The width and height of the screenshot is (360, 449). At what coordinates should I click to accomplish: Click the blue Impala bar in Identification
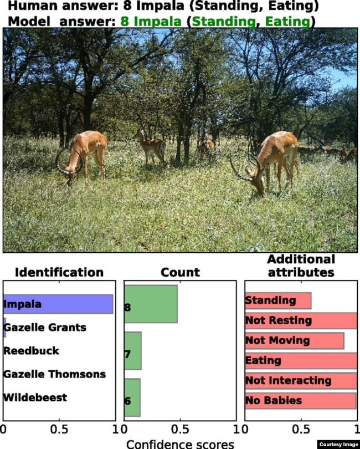tap(58, 304)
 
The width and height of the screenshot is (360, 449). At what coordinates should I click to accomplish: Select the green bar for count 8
tap(151, 304)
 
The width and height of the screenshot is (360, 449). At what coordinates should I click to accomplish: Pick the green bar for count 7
tap(133, 351)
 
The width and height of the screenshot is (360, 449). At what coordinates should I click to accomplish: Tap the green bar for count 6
tap(132, 397)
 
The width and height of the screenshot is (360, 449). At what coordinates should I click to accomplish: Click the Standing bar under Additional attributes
tap(278, 300)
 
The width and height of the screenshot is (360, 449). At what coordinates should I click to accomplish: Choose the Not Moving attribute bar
tap(295, 341)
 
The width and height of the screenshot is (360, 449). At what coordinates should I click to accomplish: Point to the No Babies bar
tap(301, 401)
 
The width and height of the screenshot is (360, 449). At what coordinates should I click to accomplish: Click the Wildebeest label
tap(35, 397)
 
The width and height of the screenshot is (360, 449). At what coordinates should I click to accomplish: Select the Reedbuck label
tap(31, 351)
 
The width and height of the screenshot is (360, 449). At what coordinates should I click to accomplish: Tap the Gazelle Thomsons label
tap(54, 374)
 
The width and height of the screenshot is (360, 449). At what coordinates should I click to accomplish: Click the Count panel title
tap(181, 272)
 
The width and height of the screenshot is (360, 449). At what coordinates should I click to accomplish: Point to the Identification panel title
tap(59, 272)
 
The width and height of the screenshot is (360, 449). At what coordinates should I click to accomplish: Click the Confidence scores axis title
tap(181, 444)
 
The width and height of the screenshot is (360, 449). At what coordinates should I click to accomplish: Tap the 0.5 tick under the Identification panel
tap(59, 429)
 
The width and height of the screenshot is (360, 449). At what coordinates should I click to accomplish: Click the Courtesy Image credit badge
tap(338, 445)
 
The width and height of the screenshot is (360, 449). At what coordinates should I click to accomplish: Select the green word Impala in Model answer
tap(151, 22)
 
